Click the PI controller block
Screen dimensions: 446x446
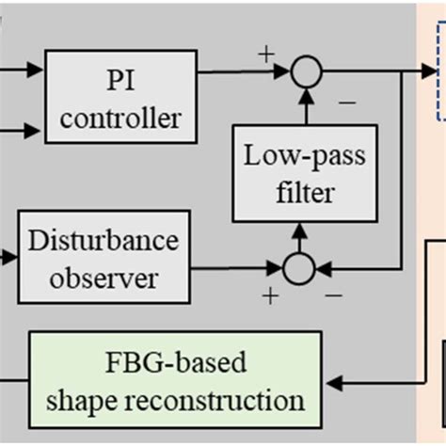pos(121,95)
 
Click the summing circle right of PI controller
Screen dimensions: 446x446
pos(305,72)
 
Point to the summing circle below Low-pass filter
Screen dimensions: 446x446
pos(298,268)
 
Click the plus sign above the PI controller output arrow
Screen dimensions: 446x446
pos(266,53)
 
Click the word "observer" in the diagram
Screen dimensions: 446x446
pos(104,278)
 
